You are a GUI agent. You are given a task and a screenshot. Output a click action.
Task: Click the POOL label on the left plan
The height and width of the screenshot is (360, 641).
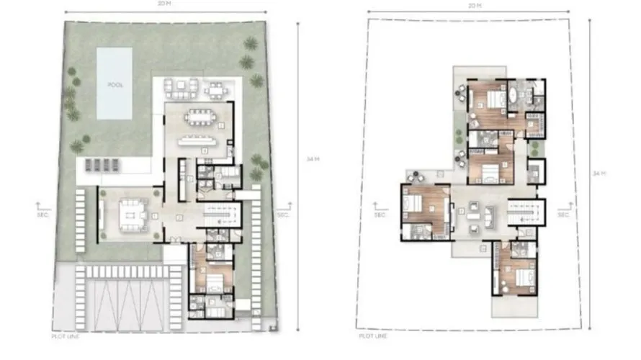pyautogui.click(x=115, y=84)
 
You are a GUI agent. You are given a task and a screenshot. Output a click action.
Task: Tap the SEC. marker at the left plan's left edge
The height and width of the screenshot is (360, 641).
pyautogui.click(x=42, y=213)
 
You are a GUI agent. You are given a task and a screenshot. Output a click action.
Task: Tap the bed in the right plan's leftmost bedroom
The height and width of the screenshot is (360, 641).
pyautogui.click(x=413, y=204)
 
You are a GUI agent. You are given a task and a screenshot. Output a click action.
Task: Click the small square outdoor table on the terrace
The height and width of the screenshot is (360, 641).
pyautogui.click(x=216, y=90)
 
